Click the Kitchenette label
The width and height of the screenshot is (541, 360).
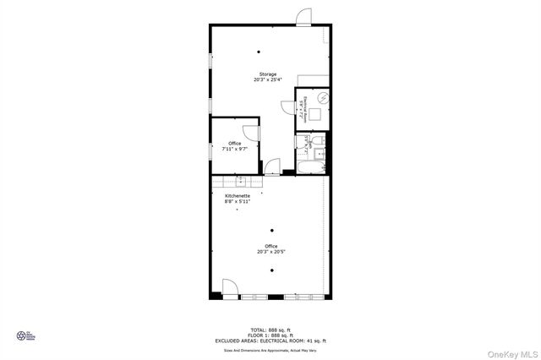coord(237,195)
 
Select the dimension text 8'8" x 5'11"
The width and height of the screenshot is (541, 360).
coord(237,202)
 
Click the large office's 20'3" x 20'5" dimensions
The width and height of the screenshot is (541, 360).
coord(270,252)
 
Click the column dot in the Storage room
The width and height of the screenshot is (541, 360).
coord(270,49)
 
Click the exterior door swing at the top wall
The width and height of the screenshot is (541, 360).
coord(304,16)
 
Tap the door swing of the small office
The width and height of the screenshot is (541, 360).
coord(251,132)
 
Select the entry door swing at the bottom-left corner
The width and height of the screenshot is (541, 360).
coord(228,288)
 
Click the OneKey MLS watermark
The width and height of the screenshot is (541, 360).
coord(512,350)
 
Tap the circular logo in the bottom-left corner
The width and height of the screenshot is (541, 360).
coord(22,335)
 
